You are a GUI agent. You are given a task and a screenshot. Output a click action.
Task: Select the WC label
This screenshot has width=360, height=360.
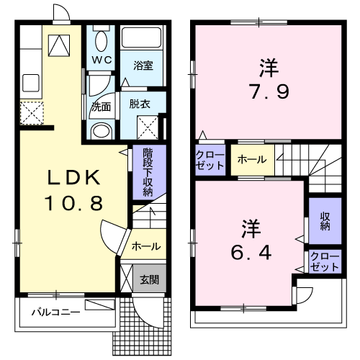101,60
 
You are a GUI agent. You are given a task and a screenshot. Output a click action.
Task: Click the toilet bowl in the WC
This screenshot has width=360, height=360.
101,40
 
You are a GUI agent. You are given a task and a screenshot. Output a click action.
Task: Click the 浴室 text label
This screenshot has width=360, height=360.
143,65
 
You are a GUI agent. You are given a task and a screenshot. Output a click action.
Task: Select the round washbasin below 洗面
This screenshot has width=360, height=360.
102,130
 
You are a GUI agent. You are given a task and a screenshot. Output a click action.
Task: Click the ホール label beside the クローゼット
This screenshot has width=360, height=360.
251,159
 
